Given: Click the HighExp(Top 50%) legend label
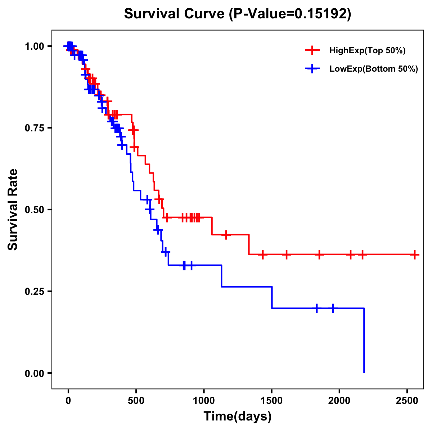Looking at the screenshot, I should click(x=367, y=51).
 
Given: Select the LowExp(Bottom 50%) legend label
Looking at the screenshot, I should click(x=374, y=69).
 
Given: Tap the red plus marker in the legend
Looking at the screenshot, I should click(x=312, y=50).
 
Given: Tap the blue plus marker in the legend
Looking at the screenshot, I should click(x=312, y=69).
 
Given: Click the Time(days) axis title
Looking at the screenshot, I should click(x=238, y=417).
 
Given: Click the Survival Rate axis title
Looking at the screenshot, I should click(x=13, y=210).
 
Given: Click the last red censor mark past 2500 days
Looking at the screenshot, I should click(x=415, y=255).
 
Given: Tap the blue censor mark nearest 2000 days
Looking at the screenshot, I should click(x=333, y=308).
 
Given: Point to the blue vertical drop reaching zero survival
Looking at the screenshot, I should click(x=364, y=342).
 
